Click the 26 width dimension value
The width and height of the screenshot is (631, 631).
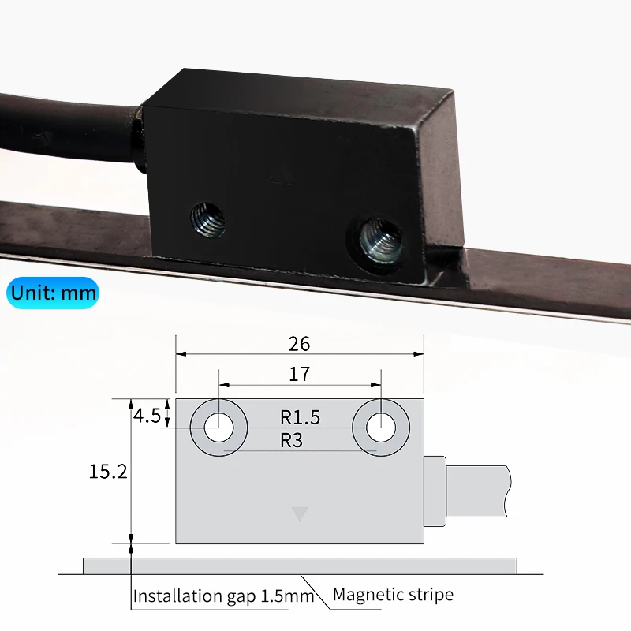(x=300, y=344)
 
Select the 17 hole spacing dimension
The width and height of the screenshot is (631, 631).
(x=300, y=374)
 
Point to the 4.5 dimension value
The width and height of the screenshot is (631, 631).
(x=147, y=415)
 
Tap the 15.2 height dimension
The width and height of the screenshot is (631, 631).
(x=108, y=472)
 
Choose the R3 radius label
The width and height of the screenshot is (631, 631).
(x=292, y=440)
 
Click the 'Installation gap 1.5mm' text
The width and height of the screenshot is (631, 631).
(x=223, y=596)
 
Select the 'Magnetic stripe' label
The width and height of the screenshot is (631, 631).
(x=393, y=595)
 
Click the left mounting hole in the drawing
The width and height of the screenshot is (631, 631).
(x=219, y=428)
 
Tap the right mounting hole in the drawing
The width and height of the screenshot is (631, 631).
(x=380, y=428)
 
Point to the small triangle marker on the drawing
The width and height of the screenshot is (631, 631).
(x=299, y=515)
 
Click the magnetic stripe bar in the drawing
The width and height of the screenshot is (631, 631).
(x=300, y=566)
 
